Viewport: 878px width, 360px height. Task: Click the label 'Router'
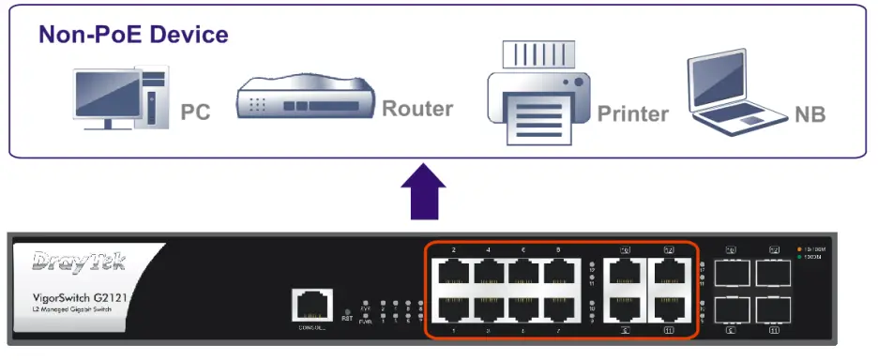click(x=417, y=109)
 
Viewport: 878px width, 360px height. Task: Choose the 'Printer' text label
click(x=633, y=114)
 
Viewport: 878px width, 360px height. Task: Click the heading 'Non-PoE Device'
click(x=133, y=35)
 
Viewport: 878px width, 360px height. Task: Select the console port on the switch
click(x=310, y=306)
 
